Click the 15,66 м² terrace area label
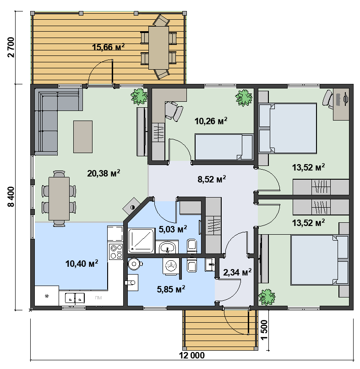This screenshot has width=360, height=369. coord(108,47)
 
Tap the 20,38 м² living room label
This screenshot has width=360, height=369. coord(104,173)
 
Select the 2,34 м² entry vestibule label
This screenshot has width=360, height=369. coord(237,272)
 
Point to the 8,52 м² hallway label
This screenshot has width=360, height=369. coord(212,179)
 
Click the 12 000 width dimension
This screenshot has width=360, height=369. coord(192,355)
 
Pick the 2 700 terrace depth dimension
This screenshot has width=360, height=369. coord(11,47)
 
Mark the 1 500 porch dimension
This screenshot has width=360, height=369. coord(264,330)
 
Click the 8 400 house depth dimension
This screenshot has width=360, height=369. coord(11,197)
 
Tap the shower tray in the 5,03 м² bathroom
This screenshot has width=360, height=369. coord(141,241)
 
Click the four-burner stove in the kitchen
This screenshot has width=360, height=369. coord(116,252)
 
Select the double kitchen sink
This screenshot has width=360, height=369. coord(75,297)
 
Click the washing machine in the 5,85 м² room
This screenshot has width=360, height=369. coord(171,266)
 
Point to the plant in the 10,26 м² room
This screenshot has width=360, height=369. coord(244,98)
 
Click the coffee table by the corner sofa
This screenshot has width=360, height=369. coord(83,137)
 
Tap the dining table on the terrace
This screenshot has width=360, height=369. coord(158,48)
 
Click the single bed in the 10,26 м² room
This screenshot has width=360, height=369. coord(224,147)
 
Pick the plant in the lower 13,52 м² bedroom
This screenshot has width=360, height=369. coord(267,297)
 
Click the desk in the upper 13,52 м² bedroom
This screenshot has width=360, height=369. coord(341,104)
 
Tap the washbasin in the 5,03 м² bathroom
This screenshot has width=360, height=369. coord(167,247)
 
